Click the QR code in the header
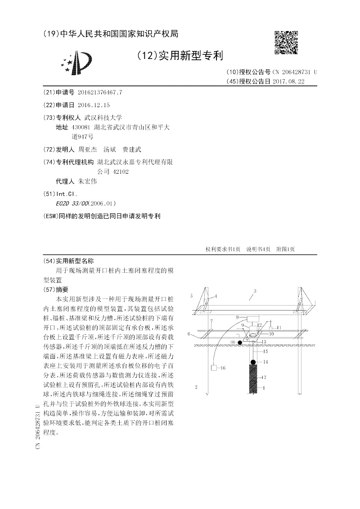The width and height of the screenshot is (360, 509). [x=286, y=42]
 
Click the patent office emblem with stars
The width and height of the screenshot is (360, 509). [x=77, y=64]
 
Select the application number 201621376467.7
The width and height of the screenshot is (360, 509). [x=100, y=92]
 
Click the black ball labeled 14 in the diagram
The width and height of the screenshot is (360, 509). [x=253, y=361]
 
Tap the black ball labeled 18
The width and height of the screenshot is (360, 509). [x=240, y=343]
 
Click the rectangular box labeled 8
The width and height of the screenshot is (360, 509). [x=255, y=319]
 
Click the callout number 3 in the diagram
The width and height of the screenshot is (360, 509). [x=255, y=291]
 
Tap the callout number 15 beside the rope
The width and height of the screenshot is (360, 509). [x=266, y=351]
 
